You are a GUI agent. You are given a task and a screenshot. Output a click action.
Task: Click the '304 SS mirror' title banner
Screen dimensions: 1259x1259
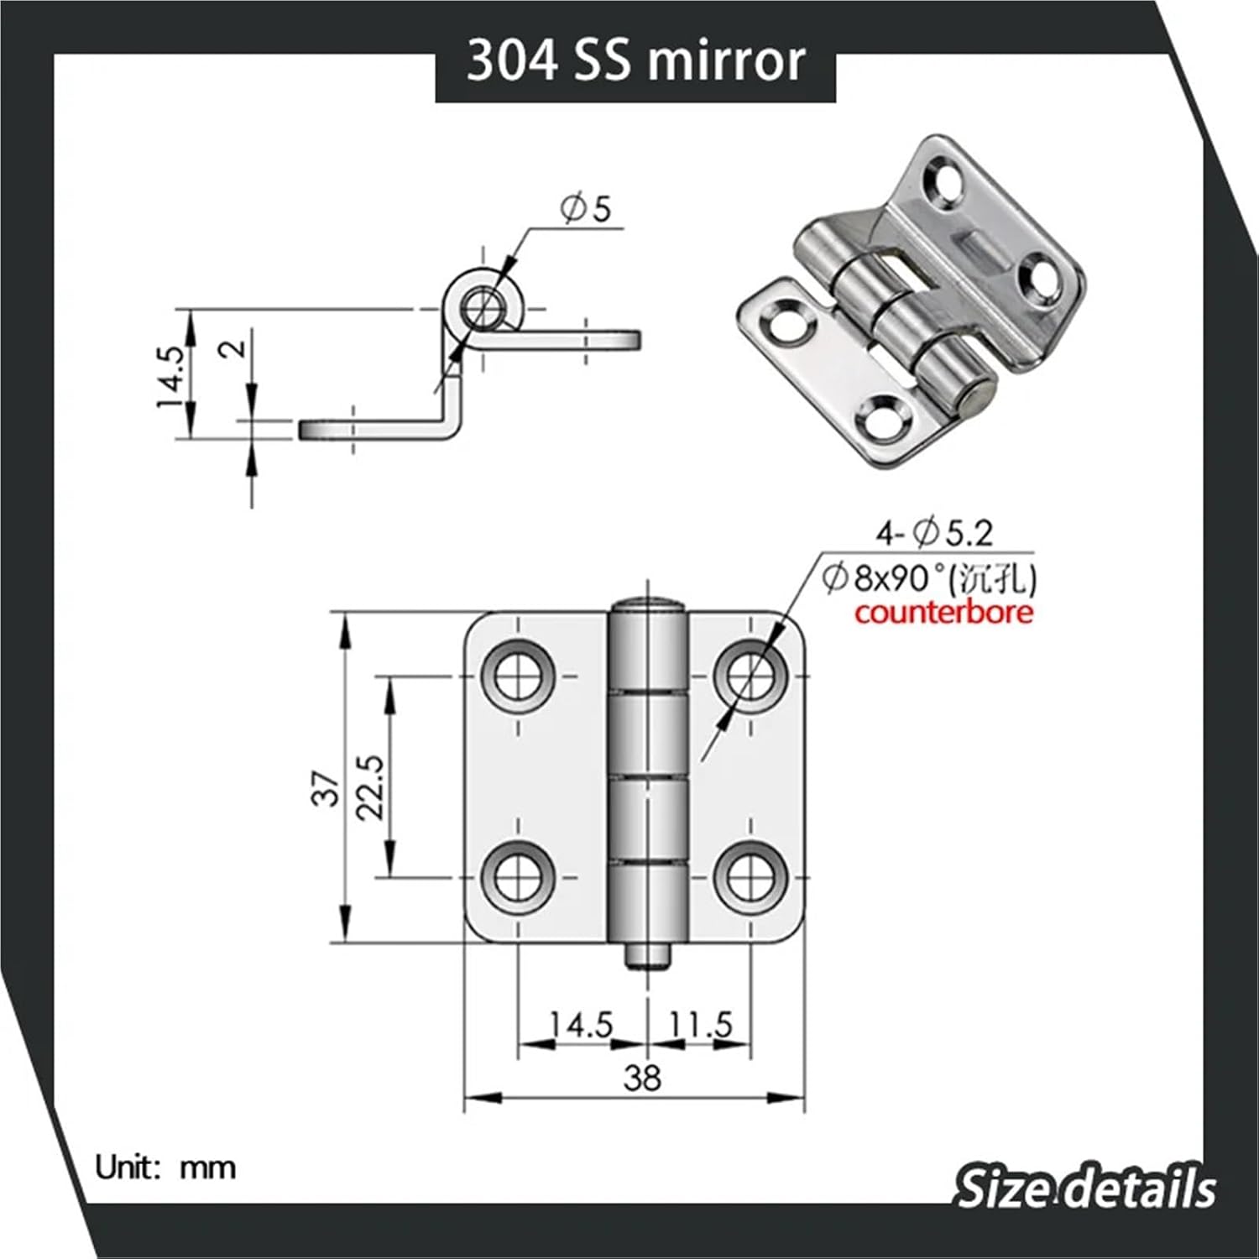pyautogui.click(x=635, y=63)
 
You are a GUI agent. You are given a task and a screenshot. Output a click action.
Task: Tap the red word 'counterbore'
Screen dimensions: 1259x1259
pyautogui.click(x=943, y=612)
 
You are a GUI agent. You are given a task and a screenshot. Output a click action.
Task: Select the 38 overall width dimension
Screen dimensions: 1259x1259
pyautogui.click(x=642, y=1078)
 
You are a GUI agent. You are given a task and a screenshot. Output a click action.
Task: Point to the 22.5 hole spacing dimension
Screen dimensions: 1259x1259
pyautogui.click(x=370, y=787)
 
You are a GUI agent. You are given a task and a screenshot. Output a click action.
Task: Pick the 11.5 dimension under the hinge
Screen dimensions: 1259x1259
pyautogui.click(x=701, y=1025)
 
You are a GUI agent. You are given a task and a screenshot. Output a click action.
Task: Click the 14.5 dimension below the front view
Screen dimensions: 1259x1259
pyautogui.click(x=582, y=1025)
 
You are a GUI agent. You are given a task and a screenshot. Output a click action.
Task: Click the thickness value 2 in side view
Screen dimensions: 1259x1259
pyautogui.click(x=237, y=347)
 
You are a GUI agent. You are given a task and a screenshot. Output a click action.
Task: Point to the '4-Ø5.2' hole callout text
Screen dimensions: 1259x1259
pyautogui.click(x=934, y=532)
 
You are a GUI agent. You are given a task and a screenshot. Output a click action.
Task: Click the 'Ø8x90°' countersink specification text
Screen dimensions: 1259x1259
pyautogui.click(x=895, y=578)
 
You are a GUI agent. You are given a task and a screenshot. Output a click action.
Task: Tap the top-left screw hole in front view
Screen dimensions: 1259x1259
pyautogui.click(x=518, y=674)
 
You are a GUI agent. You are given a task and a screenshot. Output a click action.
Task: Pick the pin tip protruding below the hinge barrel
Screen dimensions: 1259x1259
pyautogui.click(x=647, y=957)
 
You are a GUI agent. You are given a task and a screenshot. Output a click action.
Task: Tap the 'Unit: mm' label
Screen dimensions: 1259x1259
pyautogui.click(x=165, y=1168)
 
